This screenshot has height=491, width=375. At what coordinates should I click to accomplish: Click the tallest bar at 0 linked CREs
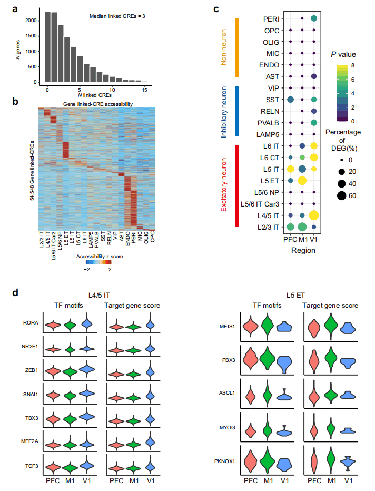click(x=47, y=47)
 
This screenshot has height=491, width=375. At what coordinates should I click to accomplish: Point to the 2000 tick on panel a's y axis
click(x=32, y=20)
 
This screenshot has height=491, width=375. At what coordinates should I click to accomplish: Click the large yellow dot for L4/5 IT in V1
click(x=314, y=215)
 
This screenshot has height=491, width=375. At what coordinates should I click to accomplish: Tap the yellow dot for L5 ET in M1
click(x=302, y=181)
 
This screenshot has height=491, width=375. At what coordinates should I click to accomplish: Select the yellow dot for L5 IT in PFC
click(x=290, y=169)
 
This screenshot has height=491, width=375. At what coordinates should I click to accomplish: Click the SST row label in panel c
click(x=272, y=100)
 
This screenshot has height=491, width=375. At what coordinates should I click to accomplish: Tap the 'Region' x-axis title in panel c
click(x=302, y=250)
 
